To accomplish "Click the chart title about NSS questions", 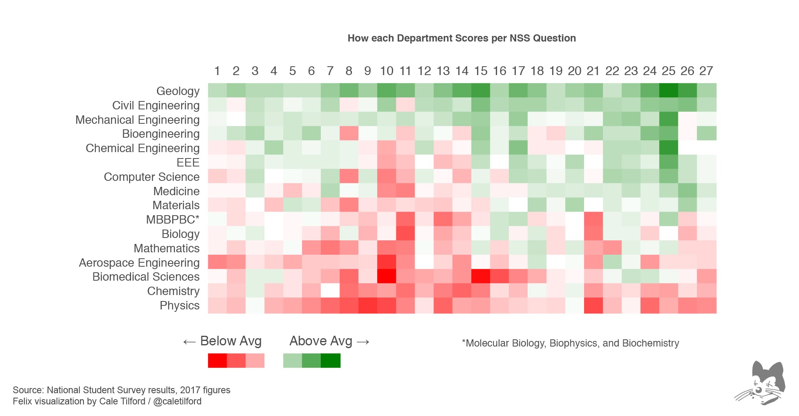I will (461, 38).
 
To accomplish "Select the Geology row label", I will (178, 91).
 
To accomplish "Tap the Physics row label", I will (179, 305).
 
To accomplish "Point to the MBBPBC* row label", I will (173, 220).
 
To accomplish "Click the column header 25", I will (668, 71).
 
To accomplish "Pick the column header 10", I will (386, 71).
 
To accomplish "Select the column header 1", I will (217, 71).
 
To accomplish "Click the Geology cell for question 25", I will (668, 91).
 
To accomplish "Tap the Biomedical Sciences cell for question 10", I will (386, 276).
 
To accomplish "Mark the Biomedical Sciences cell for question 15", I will (481, 276).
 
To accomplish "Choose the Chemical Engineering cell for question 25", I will (668, 148).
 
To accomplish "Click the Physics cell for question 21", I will (593, 305).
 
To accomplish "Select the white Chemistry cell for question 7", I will (330, 291).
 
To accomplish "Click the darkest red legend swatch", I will (217, 361).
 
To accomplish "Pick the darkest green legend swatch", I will (331, 361).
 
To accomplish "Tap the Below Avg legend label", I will (231, 341).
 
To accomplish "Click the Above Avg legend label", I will (321, 341).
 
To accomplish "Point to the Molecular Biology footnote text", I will (570, 343).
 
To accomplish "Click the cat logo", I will (761, 383).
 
